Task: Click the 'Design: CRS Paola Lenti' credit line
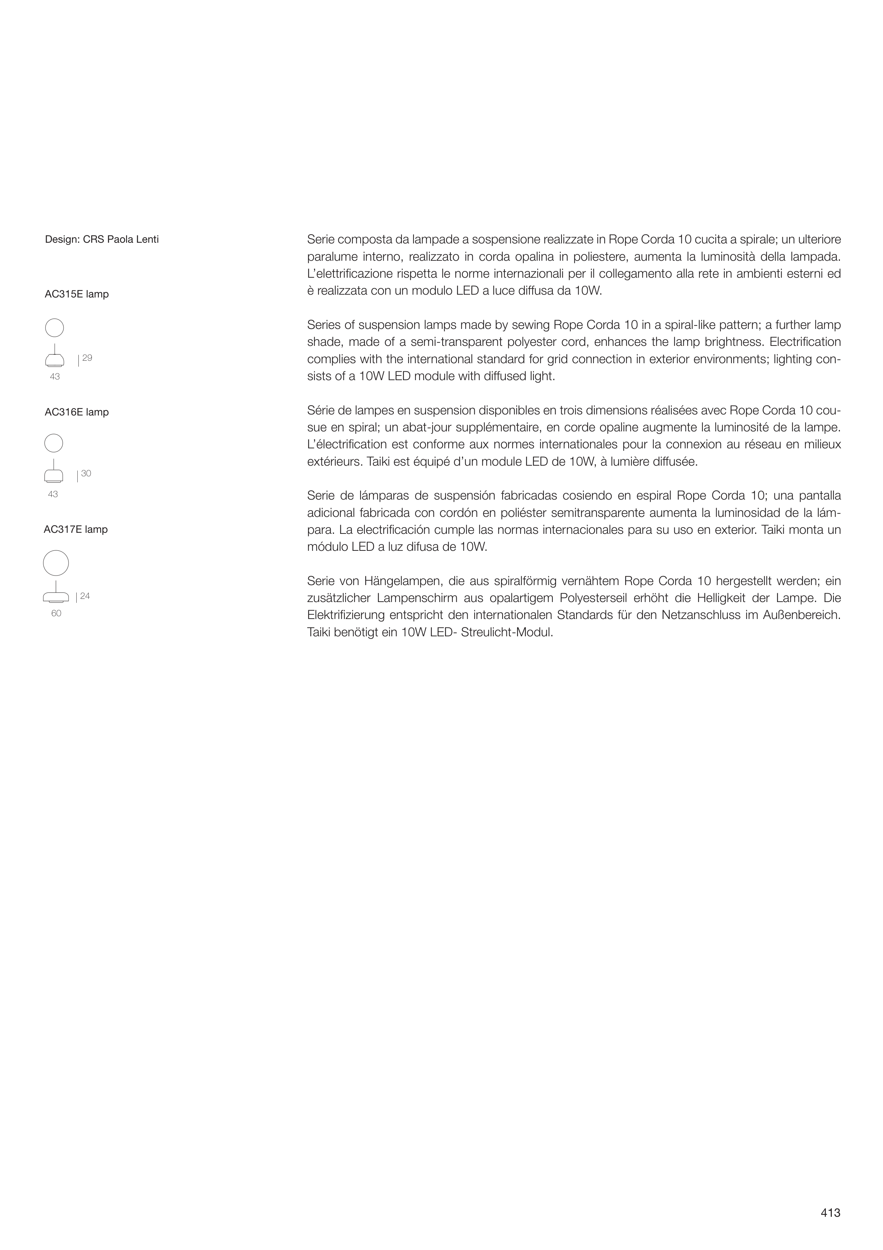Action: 102,239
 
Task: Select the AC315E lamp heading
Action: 77,294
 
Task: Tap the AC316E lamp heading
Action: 77,412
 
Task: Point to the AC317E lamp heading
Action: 76,529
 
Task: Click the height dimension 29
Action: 87,358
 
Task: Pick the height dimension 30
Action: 86,474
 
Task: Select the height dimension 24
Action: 85,596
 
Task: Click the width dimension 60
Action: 56,614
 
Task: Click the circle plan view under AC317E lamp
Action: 56,563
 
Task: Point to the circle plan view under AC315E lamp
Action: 54,328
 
